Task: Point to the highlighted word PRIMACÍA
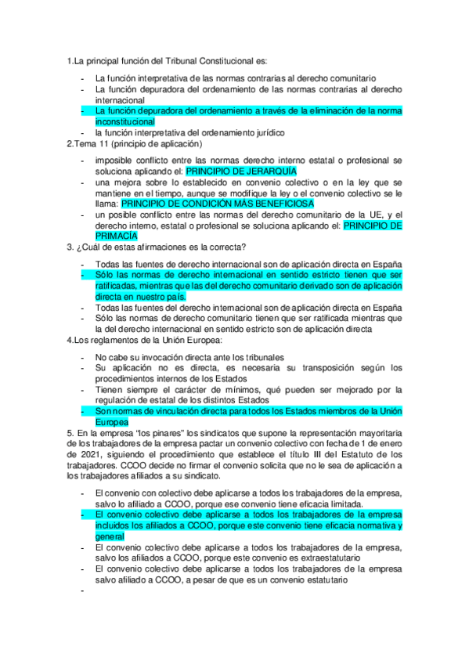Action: (x=116, y=235)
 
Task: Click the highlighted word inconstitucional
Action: (x=125, y=122)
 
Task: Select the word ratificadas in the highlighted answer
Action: (x=119, y=287)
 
